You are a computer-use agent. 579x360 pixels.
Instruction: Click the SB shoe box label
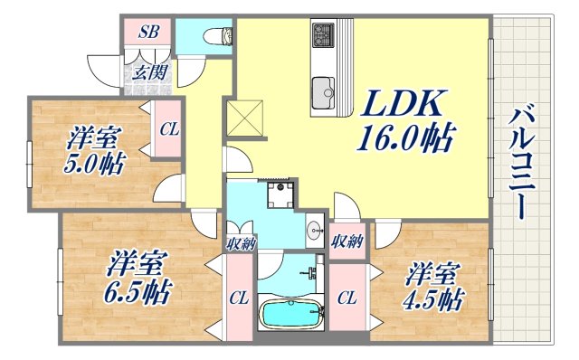[149, 31]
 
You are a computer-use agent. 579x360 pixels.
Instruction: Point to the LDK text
[404, 107]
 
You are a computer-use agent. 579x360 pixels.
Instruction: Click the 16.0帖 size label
[404, 140]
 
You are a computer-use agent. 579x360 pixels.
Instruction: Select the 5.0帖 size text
[94, 165]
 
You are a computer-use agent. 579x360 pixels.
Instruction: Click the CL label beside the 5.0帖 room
[169, 129]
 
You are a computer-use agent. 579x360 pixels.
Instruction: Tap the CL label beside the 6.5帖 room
[239, 298]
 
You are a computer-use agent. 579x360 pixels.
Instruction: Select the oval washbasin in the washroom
[313, 229]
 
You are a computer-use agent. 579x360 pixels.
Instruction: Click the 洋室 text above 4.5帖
[429, 271]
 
